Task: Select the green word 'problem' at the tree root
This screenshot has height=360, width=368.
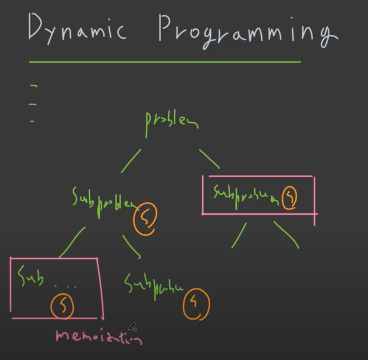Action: [x=171, y=120]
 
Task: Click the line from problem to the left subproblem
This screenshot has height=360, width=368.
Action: [x=131, y=161]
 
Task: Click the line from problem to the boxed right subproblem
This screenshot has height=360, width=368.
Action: [x=209, y=159]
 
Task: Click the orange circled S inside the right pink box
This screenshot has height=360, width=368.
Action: [x=290, y=197]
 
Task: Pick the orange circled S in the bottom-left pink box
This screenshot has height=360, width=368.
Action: [x=63, y=306]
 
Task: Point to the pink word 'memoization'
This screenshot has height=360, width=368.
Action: [x=98, y=337]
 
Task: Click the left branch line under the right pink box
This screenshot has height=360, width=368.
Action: [x=238, y=235]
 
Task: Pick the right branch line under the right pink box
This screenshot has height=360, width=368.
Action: [x=286, y=234]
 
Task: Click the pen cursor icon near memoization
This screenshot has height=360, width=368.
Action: [x=132, y=327]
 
